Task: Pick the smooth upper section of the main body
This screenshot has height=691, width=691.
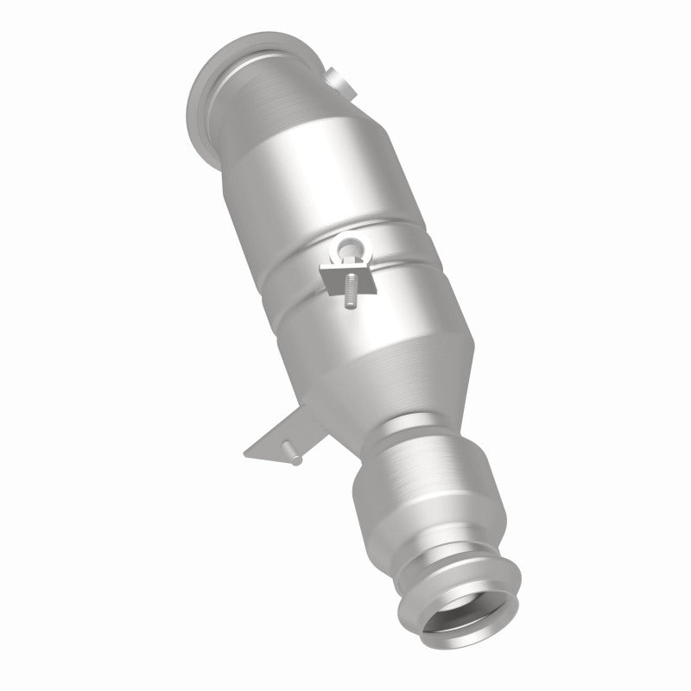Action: point(285,199)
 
